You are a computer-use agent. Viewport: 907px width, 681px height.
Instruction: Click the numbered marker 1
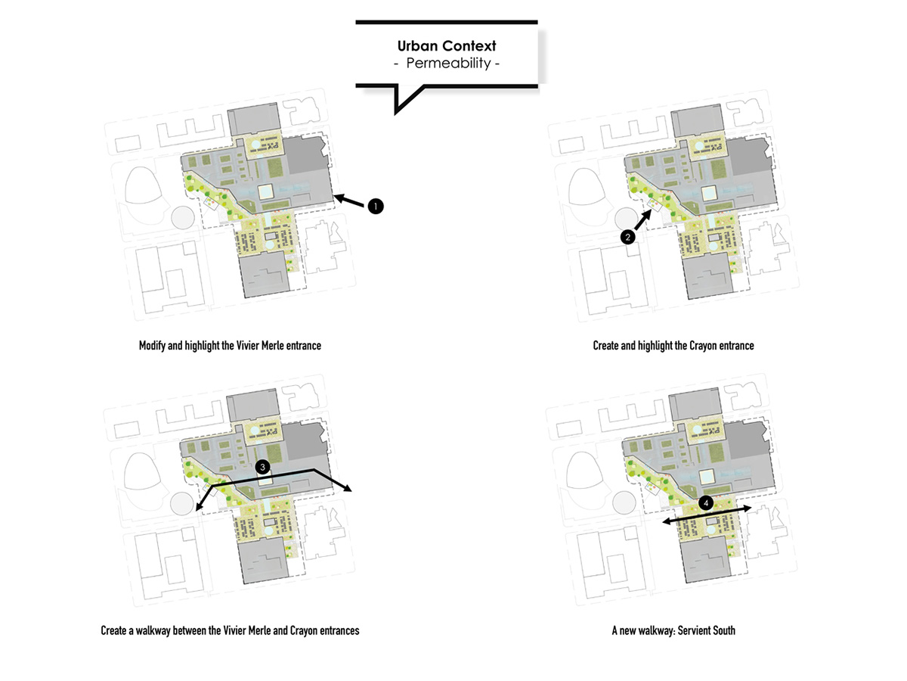coord(376,206)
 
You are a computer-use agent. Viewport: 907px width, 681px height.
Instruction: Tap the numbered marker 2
coord(627,237)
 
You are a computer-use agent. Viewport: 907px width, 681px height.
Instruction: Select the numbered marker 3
coord(262,468)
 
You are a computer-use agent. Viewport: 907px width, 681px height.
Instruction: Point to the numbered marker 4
coord(705,502)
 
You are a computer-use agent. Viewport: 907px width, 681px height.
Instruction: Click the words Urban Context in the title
coord(446,47)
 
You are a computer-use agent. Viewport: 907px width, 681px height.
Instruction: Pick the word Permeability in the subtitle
coord(448,64)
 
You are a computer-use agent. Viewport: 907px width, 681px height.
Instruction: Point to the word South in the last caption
coord(723,630)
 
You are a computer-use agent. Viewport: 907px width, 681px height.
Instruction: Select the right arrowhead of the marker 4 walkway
coord(747,508)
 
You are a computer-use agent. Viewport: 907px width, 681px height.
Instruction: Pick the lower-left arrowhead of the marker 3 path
coord(200,508)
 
